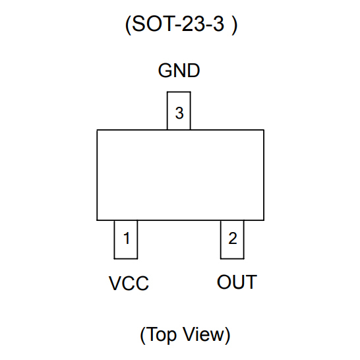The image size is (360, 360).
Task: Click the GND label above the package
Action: coord(179,71)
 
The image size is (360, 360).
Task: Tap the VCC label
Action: coord(129,284)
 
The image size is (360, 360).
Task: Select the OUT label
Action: coord(237,282)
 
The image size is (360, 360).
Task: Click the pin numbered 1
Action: coord(126,239)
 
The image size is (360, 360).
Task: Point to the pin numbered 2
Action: coord(232,239)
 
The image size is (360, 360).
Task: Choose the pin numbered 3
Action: coord(179,113)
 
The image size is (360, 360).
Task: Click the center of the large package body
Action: coord(180,175)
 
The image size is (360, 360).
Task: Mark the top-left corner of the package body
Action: coord(97,130)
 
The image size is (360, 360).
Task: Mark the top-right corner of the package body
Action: coord(264,130)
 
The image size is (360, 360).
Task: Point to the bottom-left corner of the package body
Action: coord(97,220)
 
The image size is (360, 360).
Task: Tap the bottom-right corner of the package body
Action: coord(264,220)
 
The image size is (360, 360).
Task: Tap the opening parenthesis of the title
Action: coord(127,26)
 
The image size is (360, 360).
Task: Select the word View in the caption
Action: coord(203,334)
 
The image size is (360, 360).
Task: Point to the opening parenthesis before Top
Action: coord(142,335)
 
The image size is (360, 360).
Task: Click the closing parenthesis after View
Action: coord(227,335)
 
